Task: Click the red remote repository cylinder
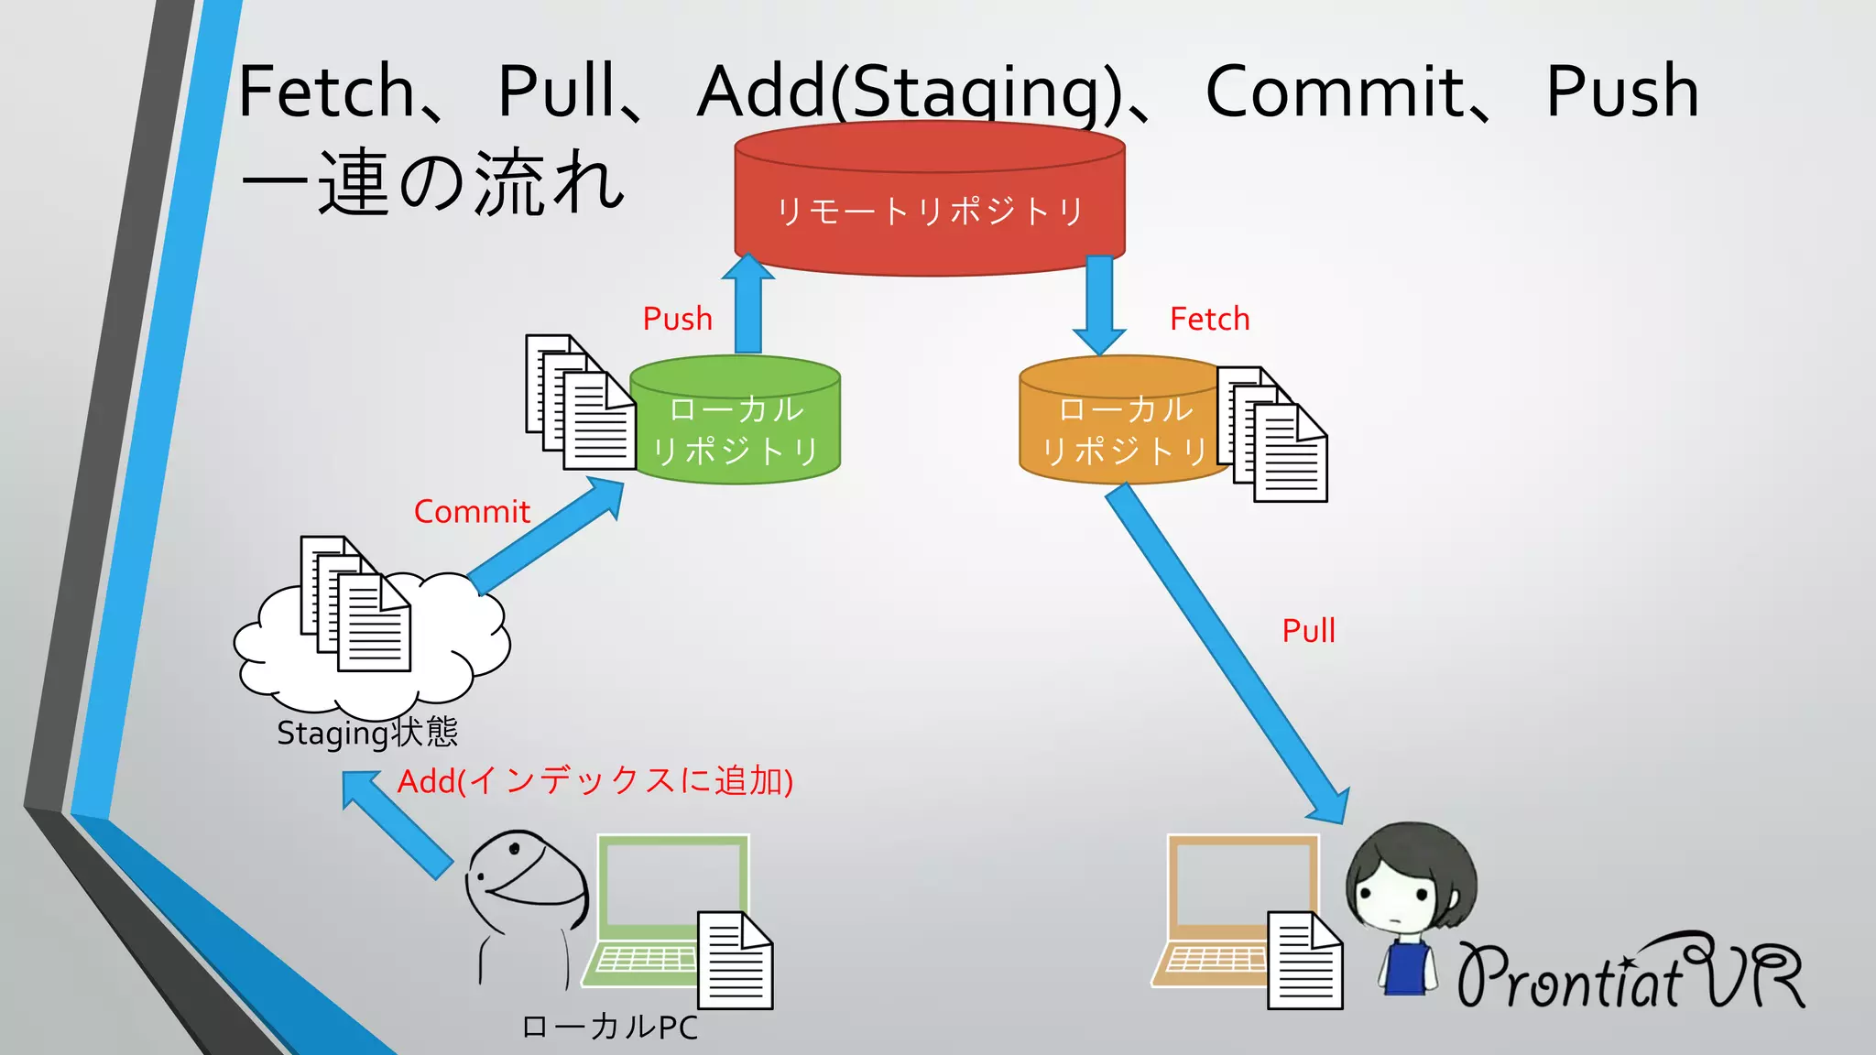pyautogui.click(x=929, y=210)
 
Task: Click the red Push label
pyautogui.click(x=677, y=319)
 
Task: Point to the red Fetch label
pyautogui.click(x=1209, y=319)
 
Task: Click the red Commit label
pyautogui.click(x=472, y=511)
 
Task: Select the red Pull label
pyautogui.click(x=1308, y=630)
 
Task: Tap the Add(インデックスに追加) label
pyautogui.click(x=594, y=781)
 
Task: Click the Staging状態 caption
pyautogui.click(x=366, y=733)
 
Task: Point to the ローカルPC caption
pyautogui.click(x=609, y=1027)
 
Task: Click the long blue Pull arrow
pyautogui.click(x=1227, y=655)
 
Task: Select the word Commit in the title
pyautogui.click(x=1335, y=92)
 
